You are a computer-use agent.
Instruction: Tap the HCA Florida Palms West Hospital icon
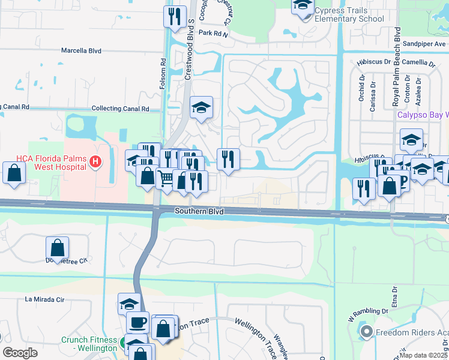click(x=95, y=161)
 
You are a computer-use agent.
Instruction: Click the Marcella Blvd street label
click(x=81, y=51)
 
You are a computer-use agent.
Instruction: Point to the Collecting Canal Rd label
click(x=120, y=109)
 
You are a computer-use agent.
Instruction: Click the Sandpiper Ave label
click(x=424, y=44)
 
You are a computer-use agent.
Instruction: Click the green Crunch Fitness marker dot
click(x=123, y=344)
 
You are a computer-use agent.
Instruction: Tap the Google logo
click(x=20, y=352)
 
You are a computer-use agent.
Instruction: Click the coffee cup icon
click(x=138, y=322)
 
